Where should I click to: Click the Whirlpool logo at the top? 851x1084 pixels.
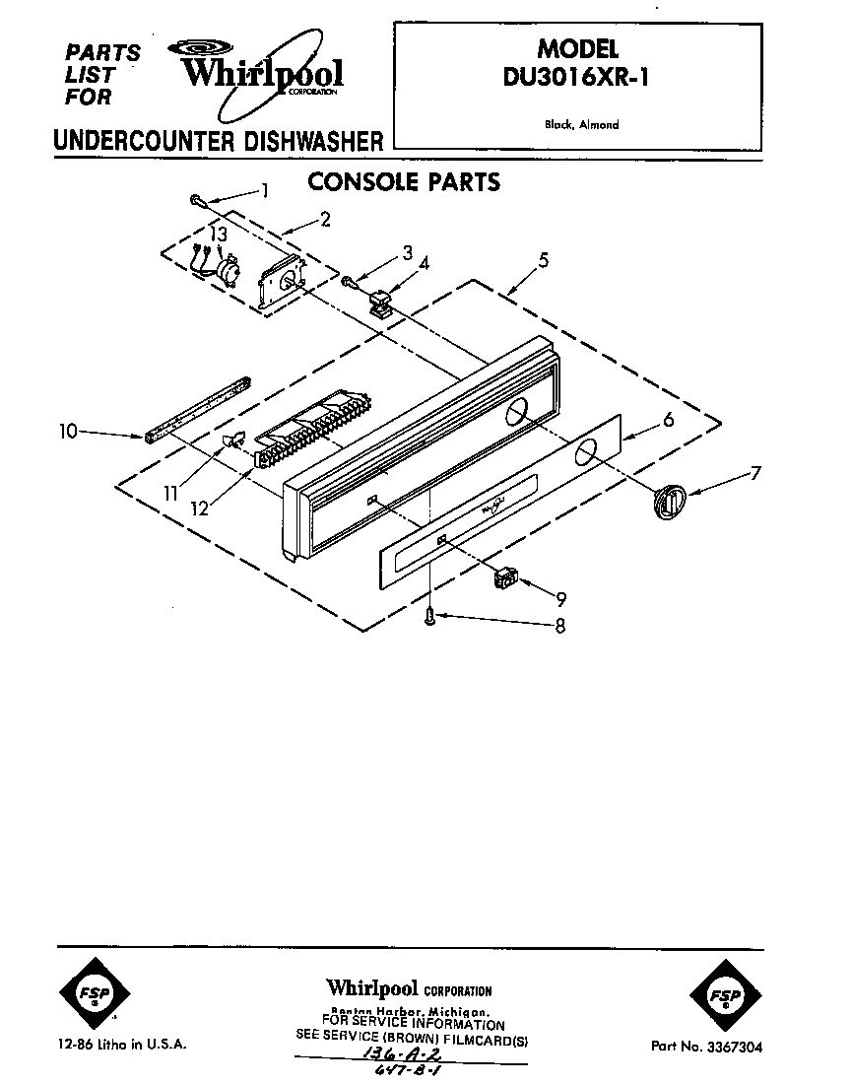click(258, 69)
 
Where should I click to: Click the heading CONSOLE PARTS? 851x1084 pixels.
click(404, 182)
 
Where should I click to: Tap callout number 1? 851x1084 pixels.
click(263, 190)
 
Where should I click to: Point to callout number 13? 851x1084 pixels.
click(219, 235)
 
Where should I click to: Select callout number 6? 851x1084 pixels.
click(668, 420)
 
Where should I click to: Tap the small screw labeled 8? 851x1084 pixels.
click(431, 616)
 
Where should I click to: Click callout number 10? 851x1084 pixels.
click(68, 431)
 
